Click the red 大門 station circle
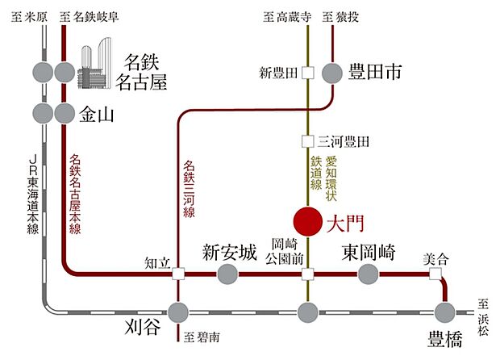[x=307, y=220]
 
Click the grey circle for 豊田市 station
[x=332, y=73]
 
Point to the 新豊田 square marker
[x=307, y=73]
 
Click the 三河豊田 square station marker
[x=307, y=141]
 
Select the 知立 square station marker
[x=177, y=274]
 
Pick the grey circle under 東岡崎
[x=368, y=274]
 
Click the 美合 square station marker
[x=436, y=274]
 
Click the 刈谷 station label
[x=144, y=330]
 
